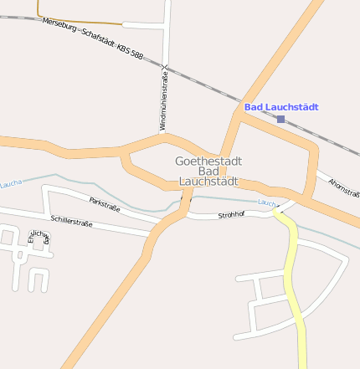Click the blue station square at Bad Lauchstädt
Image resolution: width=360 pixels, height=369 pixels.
tap(280, 120)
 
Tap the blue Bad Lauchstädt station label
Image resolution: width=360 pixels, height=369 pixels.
tap(282, 107)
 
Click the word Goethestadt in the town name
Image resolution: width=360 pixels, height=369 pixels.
tap(207, 160)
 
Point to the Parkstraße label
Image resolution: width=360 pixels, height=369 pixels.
tap(105, 202)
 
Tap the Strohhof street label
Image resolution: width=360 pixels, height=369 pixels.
tap(230, 215)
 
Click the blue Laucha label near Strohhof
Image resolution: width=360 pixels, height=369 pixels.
tap(266, 203)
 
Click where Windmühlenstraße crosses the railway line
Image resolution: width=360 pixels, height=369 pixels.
tap(166, 67)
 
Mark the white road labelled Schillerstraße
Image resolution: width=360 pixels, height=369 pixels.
tap(117, 228)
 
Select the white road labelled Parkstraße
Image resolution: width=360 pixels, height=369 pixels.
tap(126, 208)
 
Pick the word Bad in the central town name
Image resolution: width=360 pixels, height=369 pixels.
tap(207, 171)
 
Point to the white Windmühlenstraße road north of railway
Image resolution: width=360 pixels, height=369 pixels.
tap(167, 33)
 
